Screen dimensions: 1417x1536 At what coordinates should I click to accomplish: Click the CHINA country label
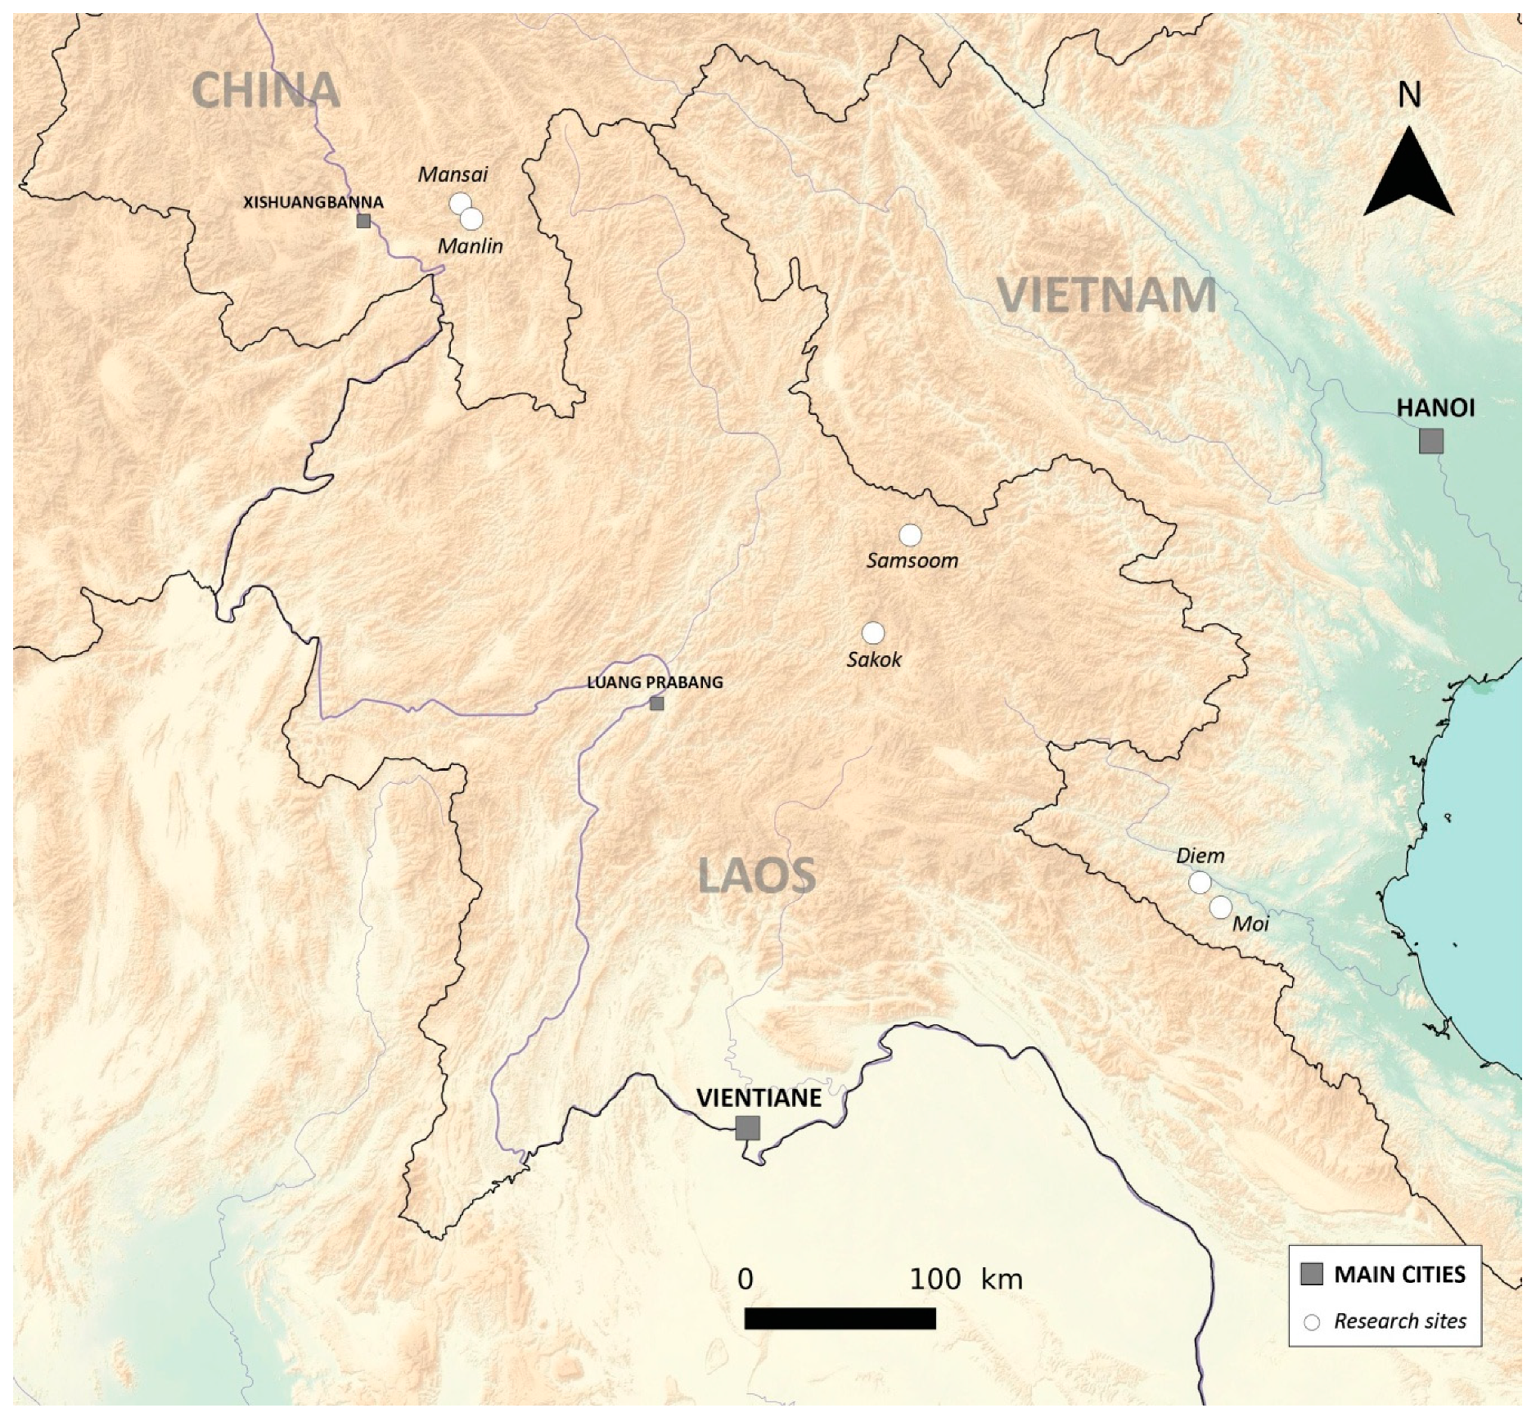tap(266, 90)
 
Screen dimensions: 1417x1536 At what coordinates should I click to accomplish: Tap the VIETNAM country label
tap(1106, 295)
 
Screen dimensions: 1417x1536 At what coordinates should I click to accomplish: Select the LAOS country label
tap(756, 875)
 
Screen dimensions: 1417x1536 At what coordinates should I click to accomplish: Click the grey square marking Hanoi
tap(1431, 441)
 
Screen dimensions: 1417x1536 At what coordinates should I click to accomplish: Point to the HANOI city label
tap(1435, 407)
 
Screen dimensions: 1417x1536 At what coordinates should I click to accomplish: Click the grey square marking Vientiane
tap(747, 1127)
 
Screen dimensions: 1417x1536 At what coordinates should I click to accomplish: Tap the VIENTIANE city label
tap(758, 1097)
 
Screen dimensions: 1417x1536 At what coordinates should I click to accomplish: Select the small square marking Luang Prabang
tap(656, 704)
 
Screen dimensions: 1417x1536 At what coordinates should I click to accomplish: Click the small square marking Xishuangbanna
tap(363, 221)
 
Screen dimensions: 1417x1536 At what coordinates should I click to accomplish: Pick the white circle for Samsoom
tap(910, 534)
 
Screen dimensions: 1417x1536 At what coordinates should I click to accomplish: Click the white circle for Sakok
tap(873, 632)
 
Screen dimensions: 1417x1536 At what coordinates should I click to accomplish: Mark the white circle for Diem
tap(1200, 882)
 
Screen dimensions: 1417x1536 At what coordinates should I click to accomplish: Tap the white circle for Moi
tap(1220, 906)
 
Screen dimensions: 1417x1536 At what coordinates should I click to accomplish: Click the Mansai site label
tap(453, 174)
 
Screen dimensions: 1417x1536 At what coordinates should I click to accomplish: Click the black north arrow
tap(1408, 176)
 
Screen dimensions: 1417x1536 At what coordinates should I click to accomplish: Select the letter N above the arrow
tap(1409, 96)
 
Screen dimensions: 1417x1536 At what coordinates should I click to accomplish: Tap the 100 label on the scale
tap(935, 1278)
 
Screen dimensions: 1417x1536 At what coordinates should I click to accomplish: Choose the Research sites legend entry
tap(1399, 1343)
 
